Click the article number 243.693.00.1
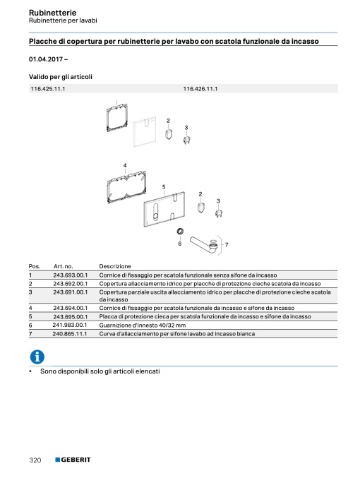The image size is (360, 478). coord(70,275)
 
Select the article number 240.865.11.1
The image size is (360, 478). coord(69,334)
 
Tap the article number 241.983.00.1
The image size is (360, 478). coord(69,325)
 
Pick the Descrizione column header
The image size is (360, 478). coord(115,266)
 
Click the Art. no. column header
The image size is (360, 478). coord(63,266)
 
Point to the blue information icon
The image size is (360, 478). coord(37,357)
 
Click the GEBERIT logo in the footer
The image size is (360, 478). coord(73,460)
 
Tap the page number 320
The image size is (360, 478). coord(35,460)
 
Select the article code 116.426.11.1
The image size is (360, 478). coord(200,89)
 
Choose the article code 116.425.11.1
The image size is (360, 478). coord(48,89)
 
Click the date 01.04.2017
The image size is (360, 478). coord(46,59)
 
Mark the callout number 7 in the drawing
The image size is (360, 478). coord(227,244)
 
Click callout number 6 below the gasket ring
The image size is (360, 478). coord(180,244)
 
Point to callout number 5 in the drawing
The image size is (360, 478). coord(164,187)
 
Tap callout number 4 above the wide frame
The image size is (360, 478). coord(125,165)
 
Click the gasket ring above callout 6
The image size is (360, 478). coord(180,231)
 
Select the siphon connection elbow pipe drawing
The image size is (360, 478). coord(203,245)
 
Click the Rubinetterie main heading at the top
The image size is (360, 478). coord(52,13)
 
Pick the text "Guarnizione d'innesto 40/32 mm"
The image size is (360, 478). coord(143,325)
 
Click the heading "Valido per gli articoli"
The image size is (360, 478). coord(61,77)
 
